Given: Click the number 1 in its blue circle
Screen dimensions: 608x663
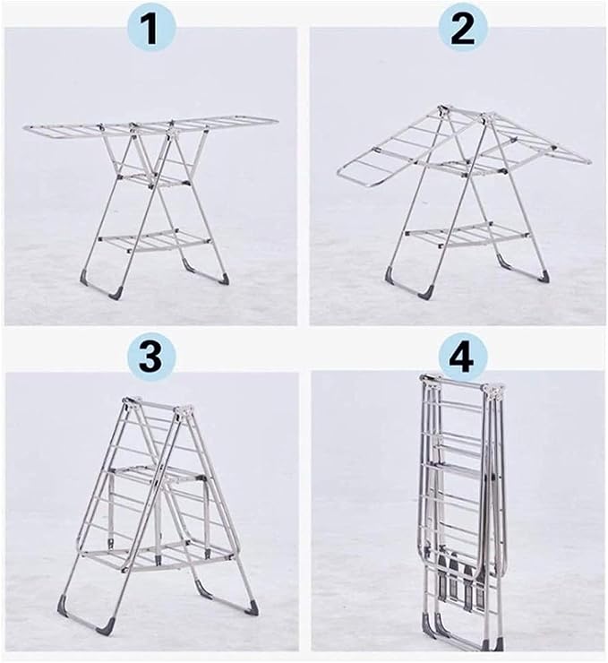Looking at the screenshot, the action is coord(150,30).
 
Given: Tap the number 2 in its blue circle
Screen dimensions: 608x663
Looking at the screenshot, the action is coord(462,30).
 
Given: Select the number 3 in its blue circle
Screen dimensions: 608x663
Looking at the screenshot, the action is coord(150,357).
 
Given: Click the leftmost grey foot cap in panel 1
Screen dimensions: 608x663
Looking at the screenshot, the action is coord(87,277).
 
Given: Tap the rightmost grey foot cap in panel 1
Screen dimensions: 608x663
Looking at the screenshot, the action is coord(224,279).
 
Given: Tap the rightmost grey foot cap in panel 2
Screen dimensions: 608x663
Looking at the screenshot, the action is coord(544,277).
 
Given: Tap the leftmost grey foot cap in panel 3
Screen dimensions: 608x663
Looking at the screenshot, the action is coord(63,604).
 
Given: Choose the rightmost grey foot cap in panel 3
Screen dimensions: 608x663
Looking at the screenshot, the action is coord(253,606).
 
